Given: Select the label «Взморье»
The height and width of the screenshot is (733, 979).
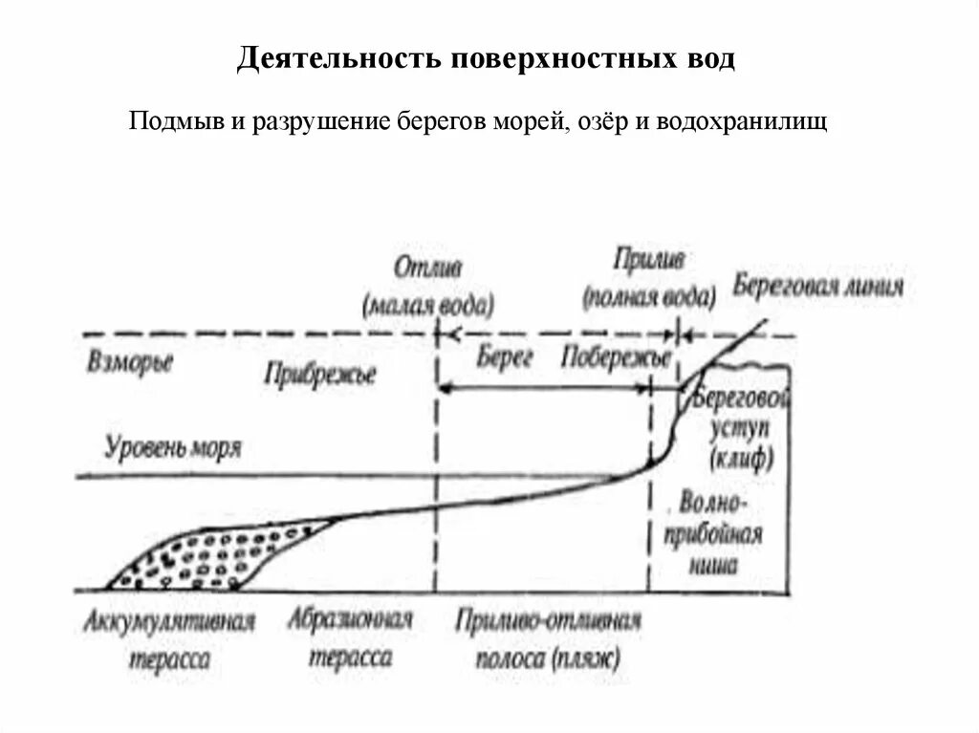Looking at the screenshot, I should coord(129,364).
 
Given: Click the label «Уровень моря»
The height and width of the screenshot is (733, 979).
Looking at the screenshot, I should coord(173,447).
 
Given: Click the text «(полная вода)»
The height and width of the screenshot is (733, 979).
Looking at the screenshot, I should coord(649,295).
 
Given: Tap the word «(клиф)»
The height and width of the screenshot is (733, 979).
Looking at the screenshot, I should coord(741,460).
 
